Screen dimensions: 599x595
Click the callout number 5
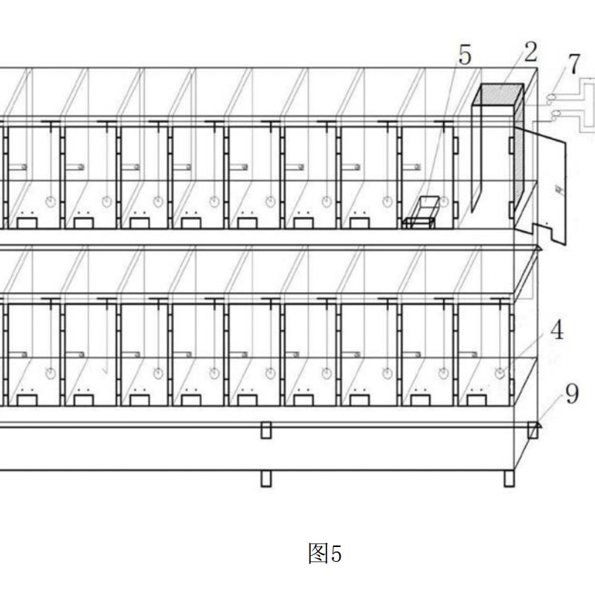coord(465,56)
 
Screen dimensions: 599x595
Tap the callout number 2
coord(530,52)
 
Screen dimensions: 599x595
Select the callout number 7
coord(573,65)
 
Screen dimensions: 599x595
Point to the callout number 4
coord(556,331)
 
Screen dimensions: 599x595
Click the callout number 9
coord(571,393)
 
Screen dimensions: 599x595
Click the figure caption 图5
coord(325,554)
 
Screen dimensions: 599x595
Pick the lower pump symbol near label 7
coord(555,114)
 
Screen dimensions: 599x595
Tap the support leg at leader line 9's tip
coord(533,430)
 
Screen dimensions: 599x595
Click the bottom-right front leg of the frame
coord(509,478)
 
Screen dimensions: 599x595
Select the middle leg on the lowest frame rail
coord(266,478)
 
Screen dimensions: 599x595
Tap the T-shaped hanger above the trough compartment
coord(443,123)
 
